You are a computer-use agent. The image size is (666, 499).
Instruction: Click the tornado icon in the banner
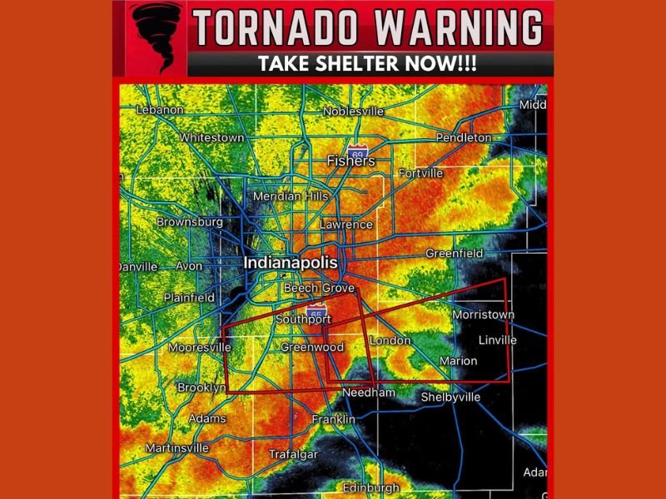pos(157,37)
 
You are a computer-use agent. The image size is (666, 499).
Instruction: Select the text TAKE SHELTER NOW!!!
pos(366,65)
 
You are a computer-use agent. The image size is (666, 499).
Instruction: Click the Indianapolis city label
pos(291,263)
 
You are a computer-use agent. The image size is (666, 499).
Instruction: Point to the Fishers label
pos(350,161)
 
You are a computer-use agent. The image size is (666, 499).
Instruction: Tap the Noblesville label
pos(353,111)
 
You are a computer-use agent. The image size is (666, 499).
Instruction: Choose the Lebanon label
pos(160,110)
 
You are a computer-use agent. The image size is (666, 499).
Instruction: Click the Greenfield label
pos(455,253)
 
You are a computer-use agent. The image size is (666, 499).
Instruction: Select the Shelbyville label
pos(450,397)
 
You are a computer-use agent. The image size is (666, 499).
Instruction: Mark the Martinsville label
pos(177,448)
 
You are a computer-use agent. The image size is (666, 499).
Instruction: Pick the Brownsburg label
pos(190,223)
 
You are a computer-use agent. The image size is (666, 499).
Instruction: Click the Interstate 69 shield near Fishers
pos(357,153)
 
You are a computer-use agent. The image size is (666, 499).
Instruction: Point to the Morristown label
pos(483,315)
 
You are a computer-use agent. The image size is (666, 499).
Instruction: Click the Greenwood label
pos(312,348)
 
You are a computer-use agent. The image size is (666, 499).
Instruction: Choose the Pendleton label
pos(463,137)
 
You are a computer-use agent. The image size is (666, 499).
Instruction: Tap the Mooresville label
pos(199,348)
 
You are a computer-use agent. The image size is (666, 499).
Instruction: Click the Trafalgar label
pos(293,454)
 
